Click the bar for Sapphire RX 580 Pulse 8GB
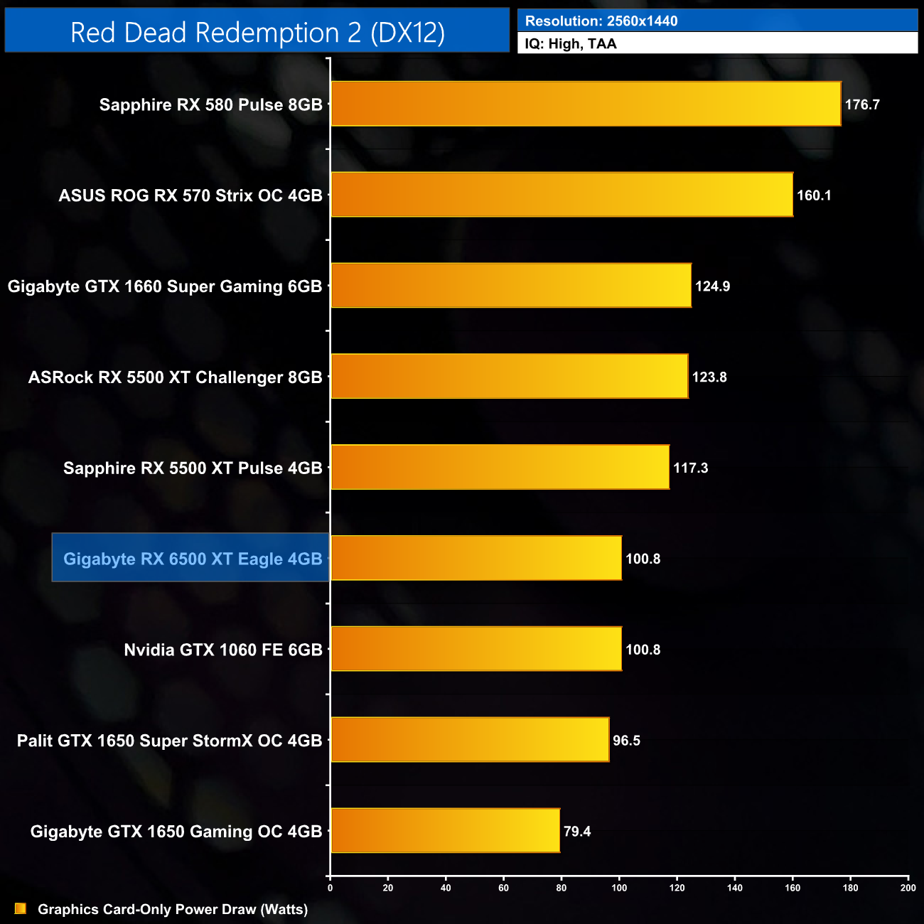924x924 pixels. click(x=586, y=104)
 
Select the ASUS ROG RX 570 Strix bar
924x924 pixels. click(x=562, y=195)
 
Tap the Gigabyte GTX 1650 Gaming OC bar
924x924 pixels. click(x=445, y=830)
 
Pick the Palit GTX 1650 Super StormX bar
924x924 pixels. click(x=470, y=740)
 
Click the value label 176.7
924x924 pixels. click(x=862, y=104)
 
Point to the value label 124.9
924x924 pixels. click(x=712, y=286)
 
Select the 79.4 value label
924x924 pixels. click(x=577, y=832)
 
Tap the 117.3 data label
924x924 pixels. click(x=690, y=468)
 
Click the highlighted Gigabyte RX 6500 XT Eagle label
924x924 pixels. click(x=193, y=559)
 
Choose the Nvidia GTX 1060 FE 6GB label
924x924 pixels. click(x=223, y=650)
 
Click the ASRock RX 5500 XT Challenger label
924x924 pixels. click(x=175, y=377)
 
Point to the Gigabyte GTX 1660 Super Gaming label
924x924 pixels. click(x=165, y=286)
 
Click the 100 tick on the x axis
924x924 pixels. click(x=619, y=888)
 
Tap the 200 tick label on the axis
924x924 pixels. click(x=908, y=888)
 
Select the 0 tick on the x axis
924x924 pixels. click(x=330, y=888)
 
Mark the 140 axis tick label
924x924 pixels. click(x=735, y=888)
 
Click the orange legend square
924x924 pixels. click(x=21, y=909)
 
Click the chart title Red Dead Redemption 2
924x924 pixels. click(x=257, y=33)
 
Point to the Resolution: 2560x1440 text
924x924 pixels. click(x=601, y=21)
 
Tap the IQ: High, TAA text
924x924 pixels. click(x=571, y=44)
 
